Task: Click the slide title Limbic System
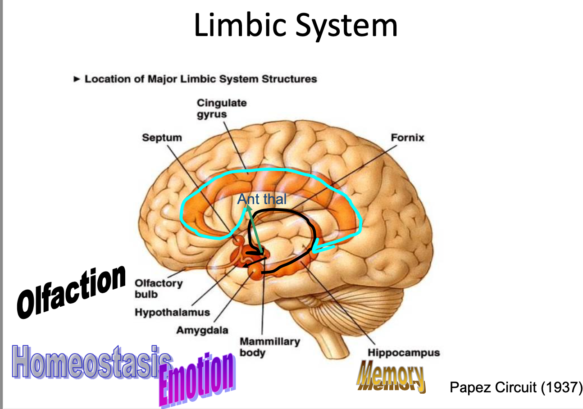[296, 26]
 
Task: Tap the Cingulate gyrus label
[221, 108]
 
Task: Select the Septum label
[162, 137]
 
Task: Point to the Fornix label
[407, 137]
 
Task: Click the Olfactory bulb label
[159, 288]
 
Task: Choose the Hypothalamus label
[172, 312]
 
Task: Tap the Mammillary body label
[269, 346]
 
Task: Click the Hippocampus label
[403, 353]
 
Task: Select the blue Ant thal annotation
[262, 199]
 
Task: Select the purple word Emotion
[197, 378]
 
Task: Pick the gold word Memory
[391, 377]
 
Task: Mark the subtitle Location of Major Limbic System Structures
[200, 79]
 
